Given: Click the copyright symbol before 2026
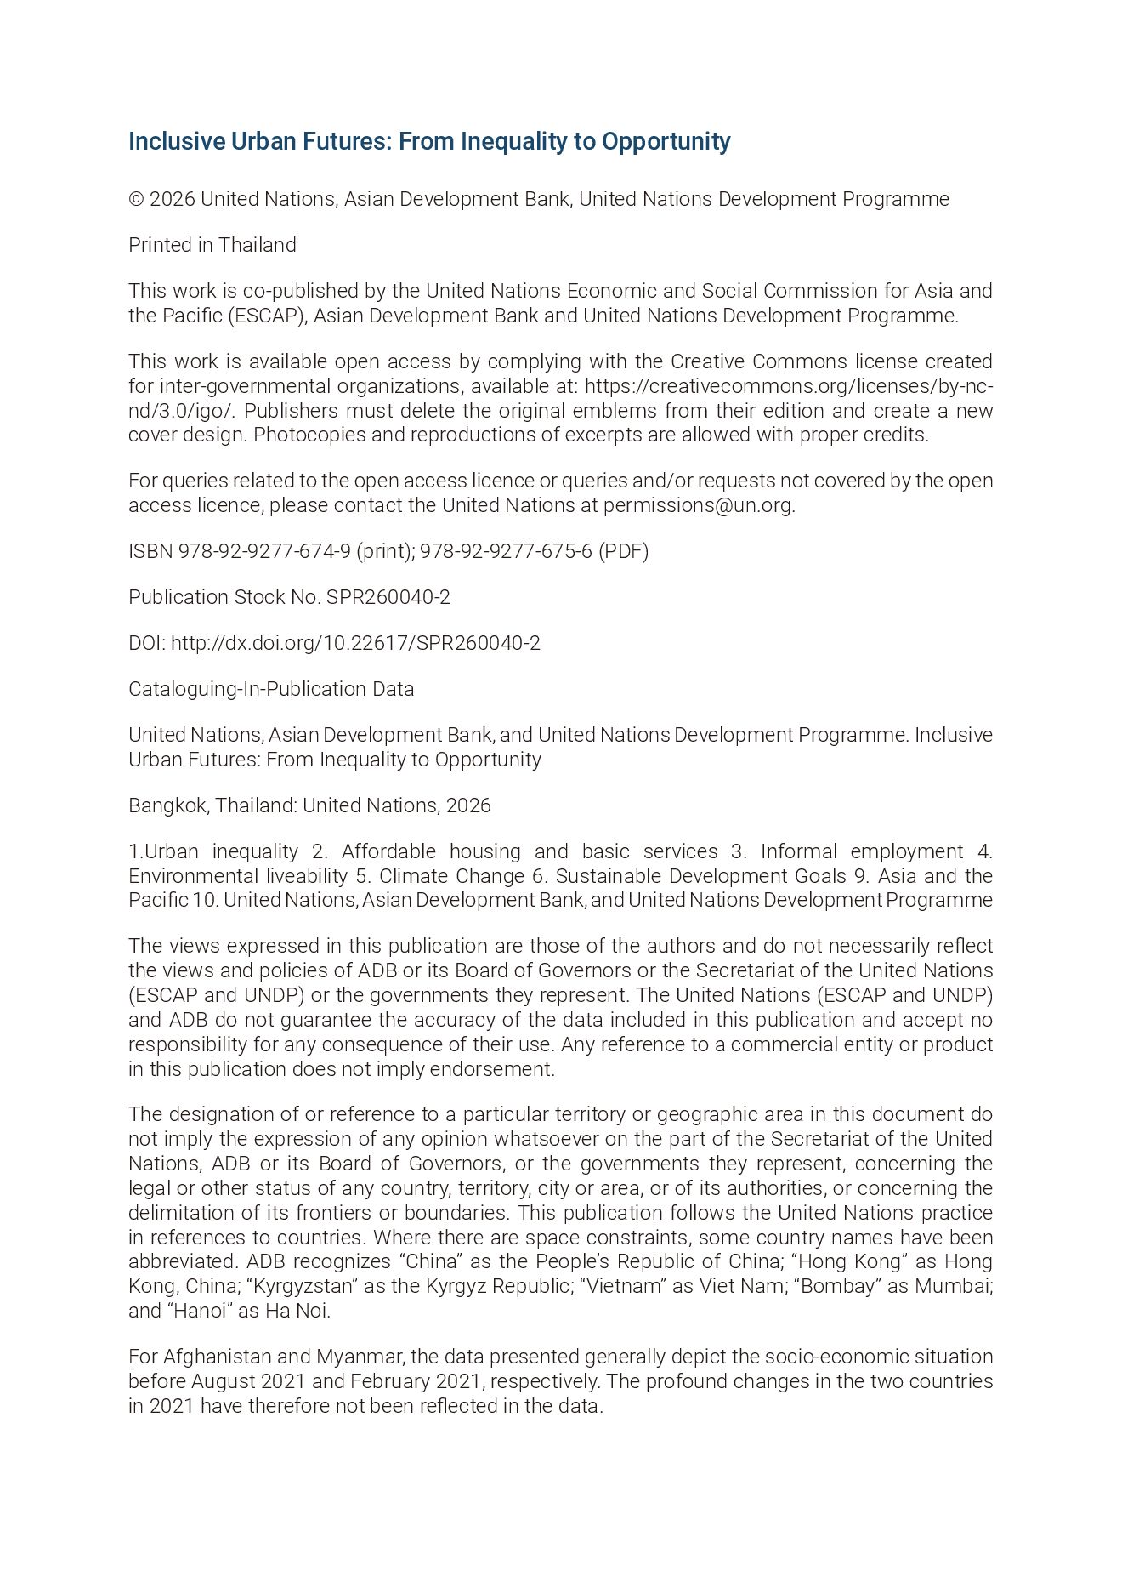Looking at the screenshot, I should (x=136, y=199).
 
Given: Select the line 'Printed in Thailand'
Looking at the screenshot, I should (x=212, y=245).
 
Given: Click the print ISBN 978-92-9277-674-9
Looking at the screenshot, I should (x=264, y=551).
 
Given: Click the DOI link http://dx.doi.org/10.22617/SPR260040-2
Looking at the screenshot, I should (x=355, y=643).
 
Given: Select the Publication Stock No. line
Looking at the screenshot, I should (x=289, y=597).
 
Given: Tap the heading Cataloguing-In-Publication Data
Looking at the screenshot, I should (x=271, y=689).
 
